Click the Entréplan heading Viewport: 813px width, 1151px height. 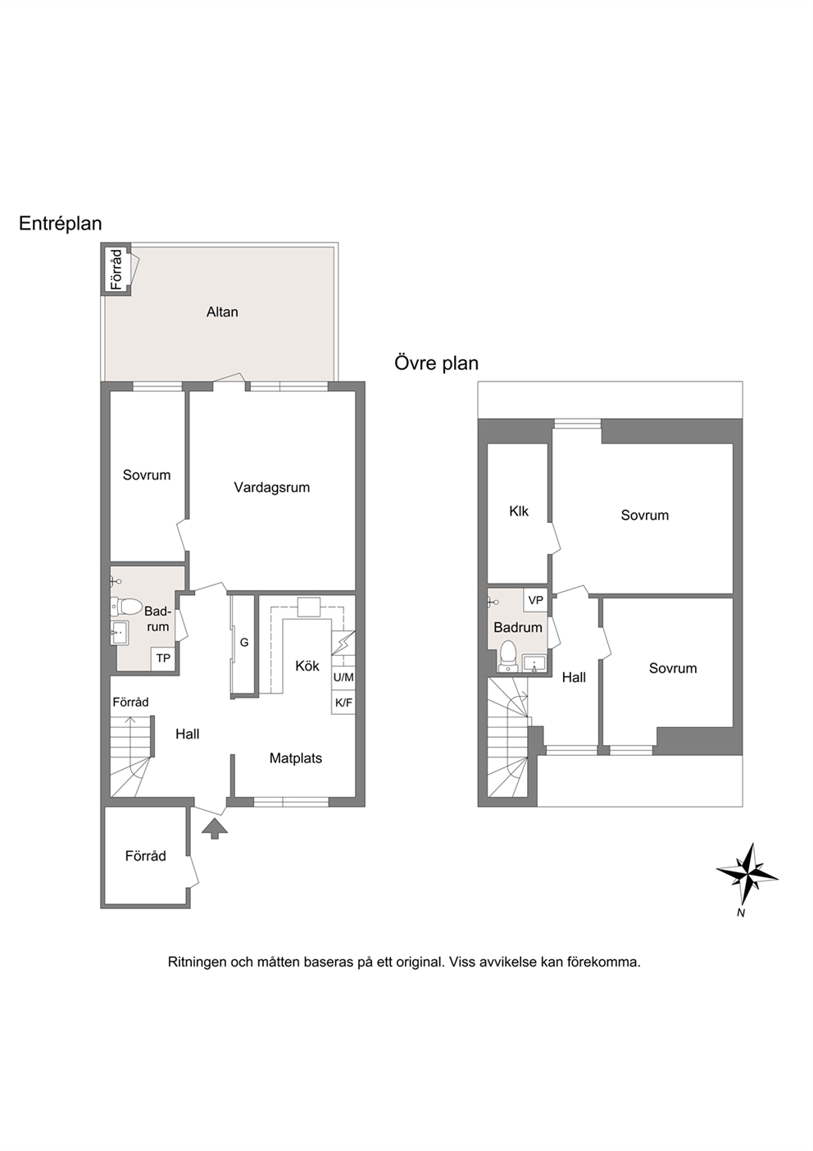click(x=60, y=224)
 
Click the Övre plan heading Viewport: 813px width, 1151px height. click(x=436, y=363)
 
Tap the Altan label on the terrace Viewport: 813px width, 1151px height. click(x=222, y=312)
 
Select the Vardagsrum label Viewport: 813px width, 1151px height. click(x=272, y=487)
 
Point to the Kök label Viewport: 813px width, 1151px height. click(x=307, y=666)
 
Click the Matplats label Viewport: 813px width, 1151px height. click(x=296, y=758)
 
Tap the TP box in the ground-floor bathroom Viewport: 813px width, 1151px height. click(x=163, y=658)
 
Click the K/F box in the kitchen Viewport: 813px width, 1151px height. click(x=343, y=703)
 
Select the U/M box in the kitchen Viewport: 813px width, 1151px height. click(x=343, y=677)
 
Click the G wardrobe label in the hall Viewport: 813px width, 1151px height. click(x=244, y=642)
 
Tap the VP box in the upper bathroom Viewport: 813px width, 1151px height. click(x=536, y=600)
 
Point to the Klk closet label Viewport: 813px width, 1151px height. click(x=519, y=512)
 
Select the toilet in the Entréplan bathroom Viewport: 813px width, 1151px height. click(x=125, y=607)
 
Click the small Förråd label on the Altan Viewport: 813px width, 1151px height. click(x=117, y=269)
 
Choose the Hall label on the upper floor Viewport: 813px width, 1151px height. click(x=574, y=677)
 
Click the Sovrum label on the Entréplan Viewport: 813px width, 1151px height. click(x=147, y=475)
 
